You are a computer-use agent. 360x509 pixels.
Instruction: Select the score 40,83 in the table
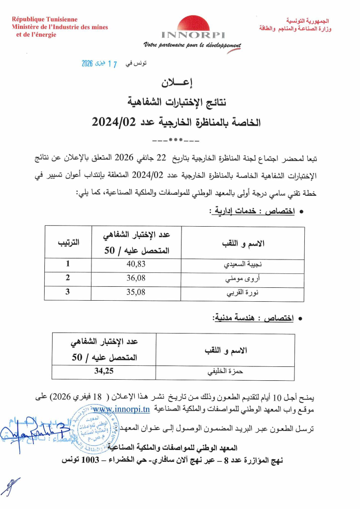tap(136, 264)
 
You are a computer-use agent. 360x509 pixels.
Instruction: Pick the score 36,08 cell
tap(136, 278)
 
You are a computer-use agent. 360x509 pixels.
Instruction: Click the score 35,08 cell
tap(136, 292)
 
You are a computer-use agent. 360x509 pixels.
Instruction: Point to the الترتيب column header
tap(69, 242)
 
